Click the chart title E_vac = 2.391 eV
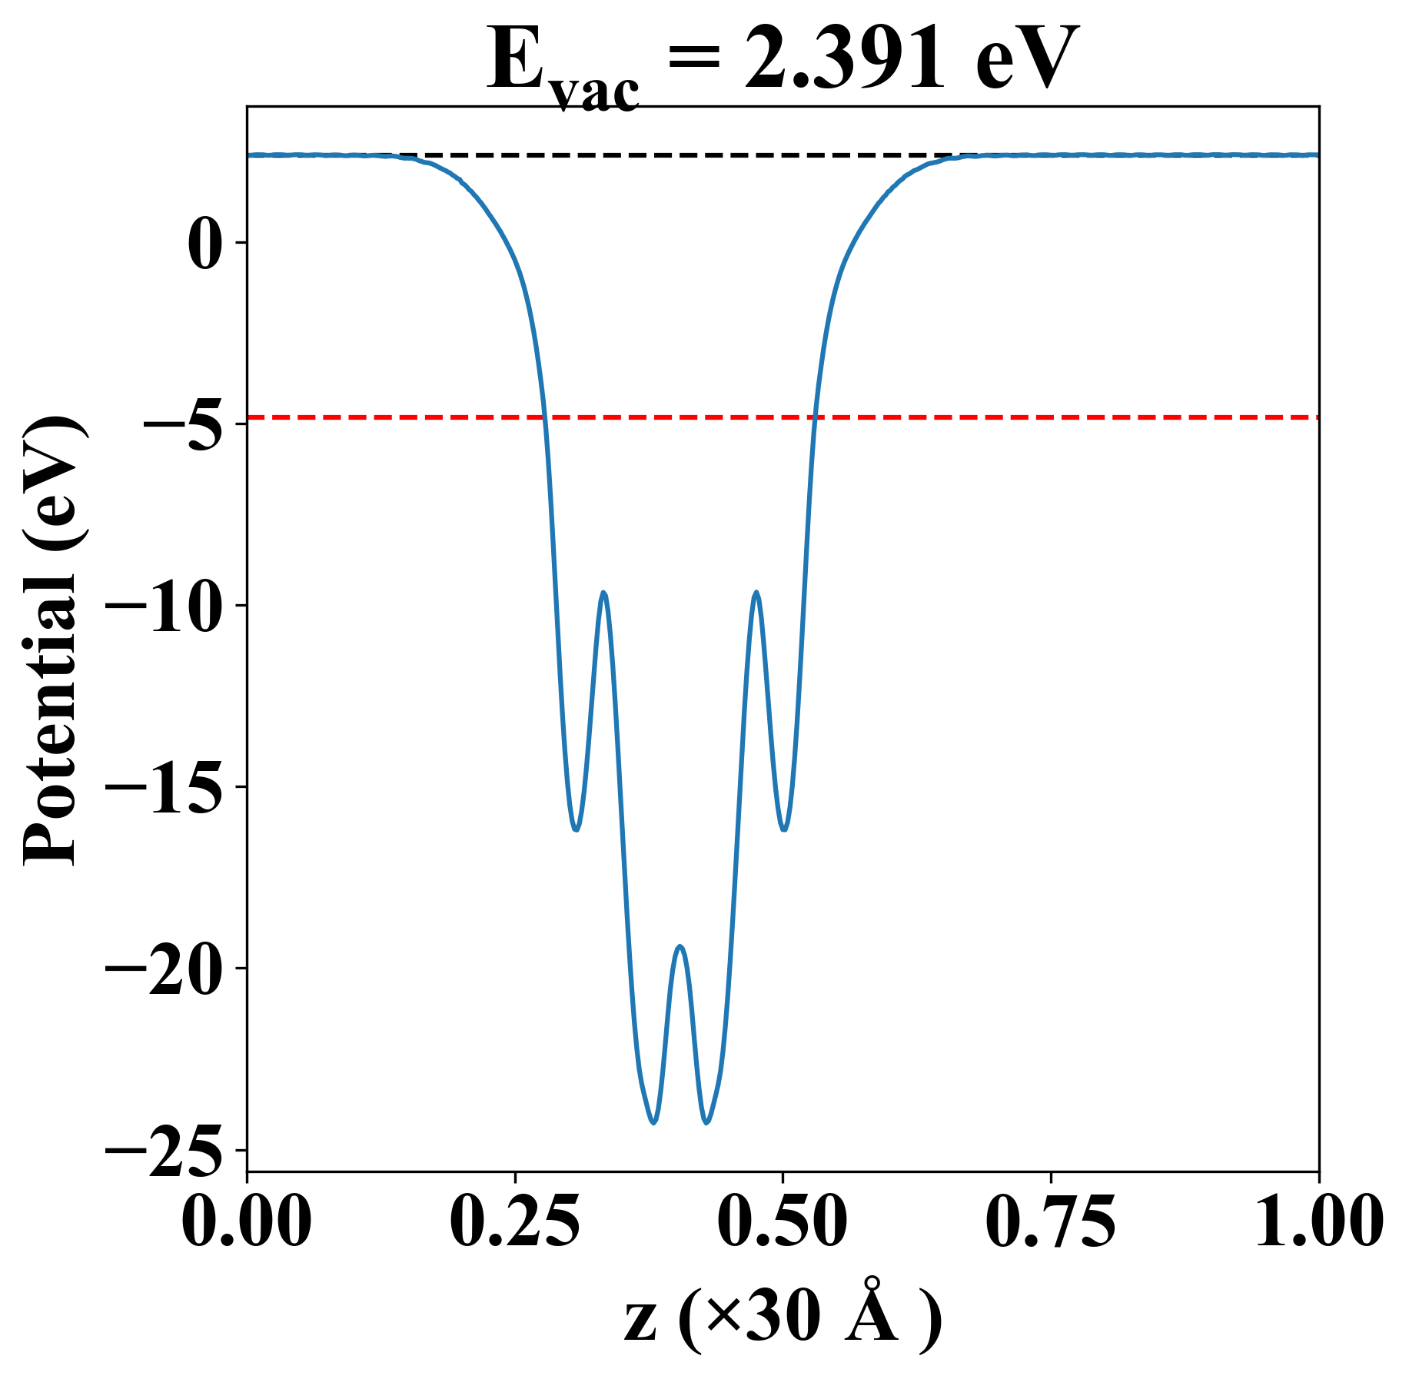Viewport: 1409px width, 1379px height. point(783,61)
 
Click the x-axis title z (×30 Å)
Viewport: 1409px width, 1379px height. point(783,1321)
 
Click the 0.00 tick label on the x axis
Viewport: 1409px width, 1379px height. point(247,1221)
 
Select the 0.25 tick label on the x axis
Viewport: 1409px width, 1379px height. point(514,1221)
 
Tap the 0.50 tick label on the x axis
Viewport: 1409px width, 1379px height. point(783,1221)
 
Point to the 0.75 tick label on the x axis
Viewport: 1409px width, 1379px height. point(1050,1221)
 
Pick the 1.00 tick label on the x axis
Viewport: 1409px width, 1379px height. point(1318,1221)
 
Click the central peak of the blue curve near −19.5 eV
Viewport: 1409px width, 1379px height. point(680,946)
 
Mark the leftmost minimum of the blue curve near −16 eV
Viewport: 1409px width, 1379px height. point(575,830)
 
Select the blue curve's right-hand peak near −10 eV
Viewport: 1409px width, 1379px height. point(757,592)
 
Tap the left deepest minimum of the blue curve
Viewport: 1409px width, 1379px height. point(653,1123)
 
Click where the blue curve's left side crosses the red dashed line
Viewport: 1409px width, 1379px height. point(544,417)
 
